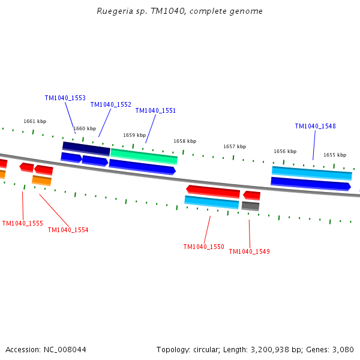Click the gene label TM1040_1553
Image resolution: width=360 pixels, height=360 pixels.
coord(65,98)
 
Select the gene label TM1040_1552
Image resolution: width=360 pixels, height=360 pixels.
coord(110,104)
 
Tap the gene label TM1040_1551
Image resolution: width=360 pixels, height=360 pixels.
coord(155,110)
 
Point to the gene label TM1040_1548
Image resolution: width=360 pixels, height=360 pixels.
coord(315,126)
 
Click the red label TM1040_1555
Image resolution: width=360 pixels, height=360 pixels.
coord(22,223)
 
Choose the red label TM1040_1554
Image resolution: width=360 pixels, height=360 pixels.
coord(68,230)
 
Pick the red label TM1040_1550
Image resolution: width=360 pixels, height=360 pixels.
coord(203,247)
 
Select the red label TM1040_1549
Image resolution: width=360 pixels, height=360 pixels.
coord(249,251)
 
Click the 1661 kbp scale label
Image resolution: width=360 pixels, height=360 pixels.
coord(35,121)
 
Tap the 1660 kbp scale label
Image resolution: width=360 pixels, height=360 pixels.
coord(85,128)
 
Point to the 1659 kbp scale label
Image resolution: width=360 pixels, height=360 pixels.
coord(134,135)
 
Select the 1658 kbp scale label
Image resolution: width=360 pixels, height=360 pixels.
coord(185,141)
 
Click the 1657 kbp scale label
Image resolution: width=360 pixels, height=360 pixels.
coord(235,146)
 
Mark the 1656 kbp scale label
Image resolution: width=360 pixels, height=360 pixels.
coord(285,151)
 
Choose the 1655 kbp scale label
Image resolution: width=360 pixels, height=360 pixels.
coord(335,155)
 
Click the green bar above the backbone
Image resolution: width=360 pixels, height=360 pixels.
coord(144,157)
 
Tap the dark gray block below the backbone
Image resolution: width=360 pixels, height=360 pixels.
coord(250,206)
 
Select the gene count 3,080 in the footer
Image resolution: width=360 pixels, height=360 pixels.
coord(343,349)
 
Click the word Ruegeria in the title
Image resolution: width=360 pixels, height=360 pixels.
coord(115,11)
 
